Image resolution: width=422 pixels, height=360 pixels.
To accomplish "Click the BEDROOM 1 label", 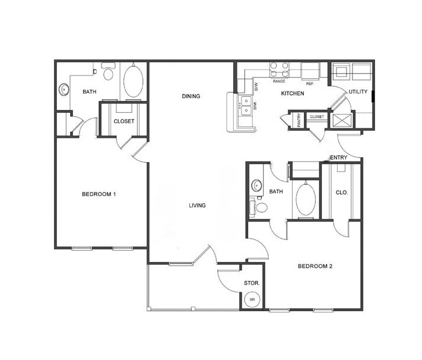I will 98,194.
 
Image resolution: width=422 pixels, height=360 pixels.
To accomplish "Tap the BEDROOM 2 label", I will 315,266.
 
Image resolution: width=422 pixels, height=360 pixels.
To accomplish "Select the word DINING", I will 191,96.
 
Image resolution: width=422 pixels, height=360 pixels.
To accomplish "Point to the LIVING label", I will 197,206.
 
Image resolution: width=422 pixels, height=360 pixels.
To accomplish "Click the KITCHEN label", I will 293,94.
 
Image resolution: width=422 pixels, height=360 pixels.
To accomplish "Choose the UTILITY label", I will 358,91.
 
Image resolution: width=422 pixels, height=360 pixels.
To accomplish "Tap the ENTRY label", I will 339,157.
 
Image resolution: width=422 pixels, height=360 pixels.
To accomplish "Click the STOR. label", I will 252,283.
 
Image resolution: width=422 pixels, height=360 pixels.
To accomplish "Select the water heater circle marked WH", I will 252,299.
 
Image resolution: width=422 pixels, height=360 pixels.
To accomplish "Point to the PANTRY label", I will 298,120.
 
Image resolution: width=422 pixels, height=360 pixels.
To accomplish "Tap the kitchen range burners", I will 280,70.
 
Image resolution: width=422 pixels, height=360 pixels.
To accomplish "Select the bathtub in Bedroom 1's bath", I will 133,82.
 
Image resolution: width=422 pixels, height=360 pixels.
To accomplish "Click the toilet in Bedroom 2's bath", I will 261,207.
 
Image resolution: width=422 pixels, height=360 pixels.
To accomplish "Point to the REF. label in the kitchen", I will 309,81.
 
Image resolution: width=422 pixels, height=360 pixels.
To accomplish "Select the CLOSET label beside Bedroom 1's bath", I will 123,121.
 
